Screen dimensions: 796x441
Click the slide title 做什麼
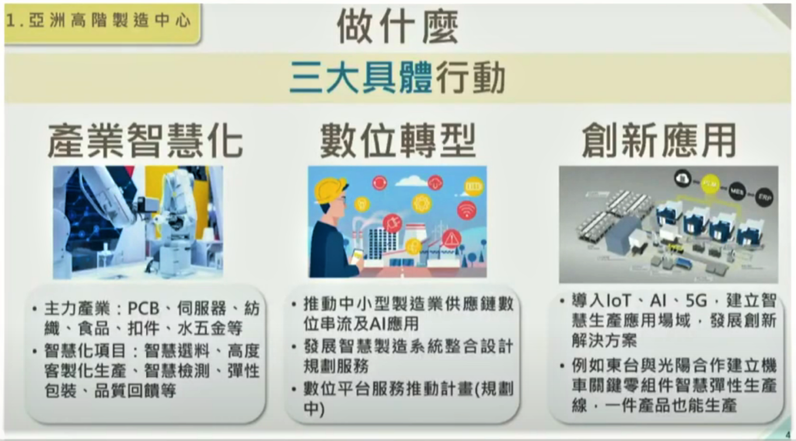[397, 26]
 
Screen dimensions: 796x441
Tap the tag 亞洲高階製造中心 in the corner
[99, 21]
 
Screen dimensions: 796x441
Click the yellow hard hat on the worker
[330, 190]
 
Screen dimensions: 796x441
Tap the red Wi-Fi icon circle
[466, 210]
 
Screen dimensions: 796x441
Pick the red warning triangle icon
[451, 238]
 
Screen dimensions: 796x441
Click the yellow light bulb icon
[361, 205]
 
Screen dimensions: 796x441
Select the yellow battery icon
[473, 187]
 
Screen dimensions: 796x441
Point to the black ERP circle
[763, 195]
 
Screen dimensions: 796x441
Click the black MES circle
[737, 191]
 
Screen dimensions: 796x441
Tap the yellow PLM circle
[710, 184]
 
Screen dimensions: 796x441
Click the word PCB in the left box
[144, 309]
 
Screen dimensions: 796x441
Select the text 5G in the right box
[696, 301]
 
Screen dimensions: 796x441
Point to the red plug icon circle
[393, 223]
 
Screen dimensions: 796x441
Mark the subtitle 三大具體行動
[397, 78]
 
